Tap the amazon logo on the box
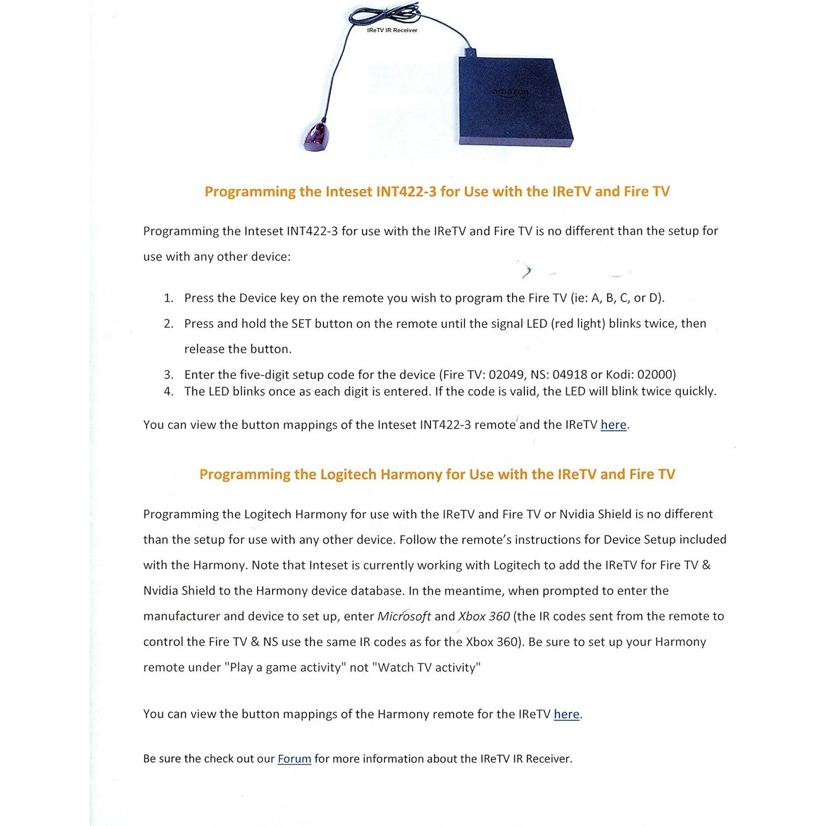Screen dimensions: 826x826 tap(510, 92)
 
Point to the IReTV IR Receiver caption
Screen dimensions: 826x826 tap(392, 30)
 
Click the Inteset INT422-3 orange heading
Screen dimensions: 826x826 tap(437, 191)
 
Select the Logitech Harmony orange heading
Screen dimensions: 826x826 tap(437, 475)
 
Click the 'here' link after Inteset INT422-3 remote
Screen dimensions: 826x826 tap(614, 425)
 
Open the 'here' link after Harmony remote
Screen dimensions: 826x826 tap(567, 714)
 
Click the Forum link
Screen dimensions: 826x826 tap(294, 759)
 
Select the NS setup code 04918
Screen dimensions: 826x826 tap(570, 375)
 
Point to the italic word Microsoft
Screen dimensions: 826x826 tap(404, 616)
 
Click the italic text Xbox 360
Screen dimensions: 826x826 tap(484, 616)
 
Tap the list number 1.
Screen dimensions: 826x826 tap(168, 298)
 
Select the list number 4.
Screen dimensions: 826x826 tap(168, 391)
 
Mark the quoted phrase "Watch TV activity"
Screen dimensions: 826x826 tap(427, 668)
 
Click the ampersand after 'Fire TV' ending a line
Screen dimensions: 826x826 tap(706, 565)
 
